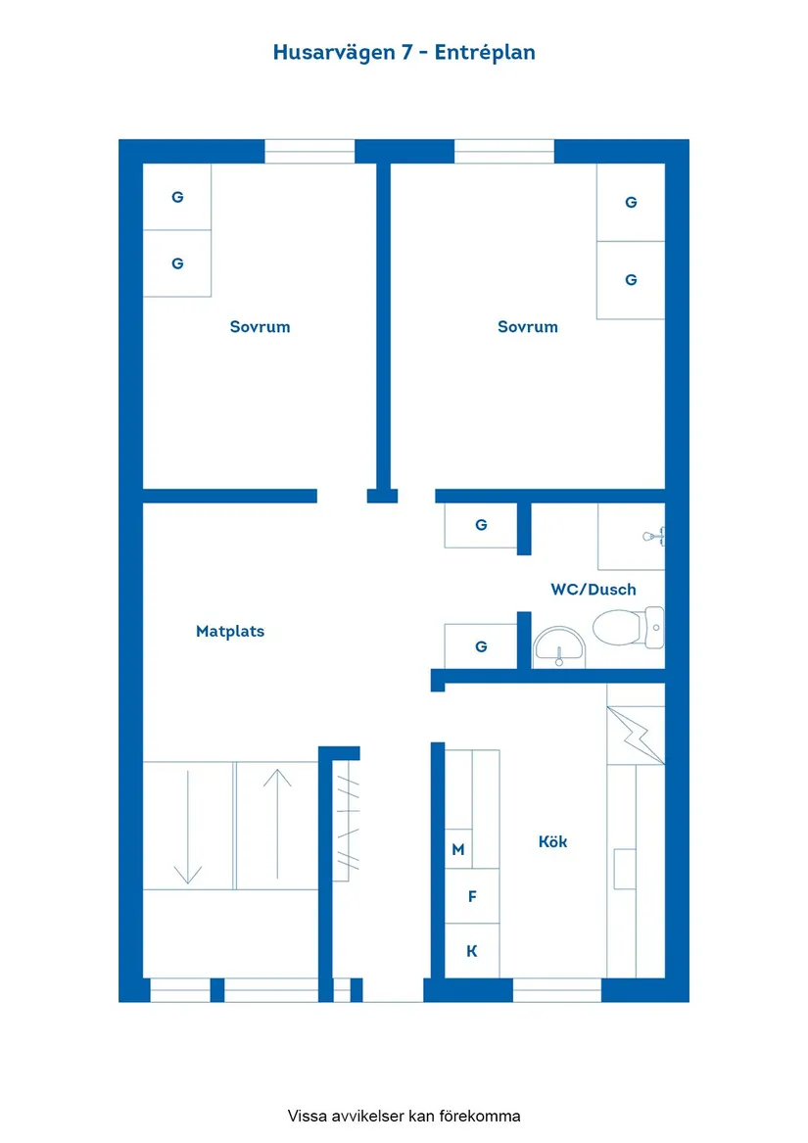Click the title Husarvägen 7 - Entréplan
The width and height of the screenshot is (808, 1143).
404,53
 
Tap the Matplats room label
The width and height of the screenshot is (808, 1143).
230,632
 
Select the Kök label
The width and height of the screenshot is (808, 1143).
552,841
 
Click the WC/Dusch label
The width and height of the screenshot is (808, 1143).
593,590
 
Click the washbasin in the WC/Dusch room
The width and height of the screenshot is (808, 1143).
558,647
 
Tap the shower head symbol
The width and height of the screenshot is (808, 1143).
653,536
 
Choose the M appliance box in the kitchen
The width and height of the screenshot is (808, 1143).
458,849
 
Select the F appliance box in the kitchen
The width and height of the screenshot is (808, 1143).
472,896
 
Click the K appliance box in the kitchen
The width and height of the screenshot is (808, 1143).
472,951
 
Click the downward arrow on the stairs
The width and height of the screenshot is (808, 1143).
187,828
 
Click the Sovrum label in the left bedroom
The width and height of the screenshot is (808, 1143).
260,327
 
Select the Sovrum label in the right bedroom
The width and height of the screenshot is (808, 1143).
527,327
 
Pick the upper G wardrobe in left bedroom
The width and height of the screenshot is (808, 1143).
177,197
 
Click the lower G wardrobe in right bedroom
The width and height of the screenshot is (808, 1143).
631,280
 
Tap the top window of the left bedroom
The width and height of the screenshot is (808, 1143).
309,151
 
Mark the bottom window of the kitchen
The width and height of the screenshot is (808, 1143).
556,990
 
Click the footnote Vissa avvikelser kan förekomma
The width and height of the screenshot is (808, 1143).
404,1116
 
